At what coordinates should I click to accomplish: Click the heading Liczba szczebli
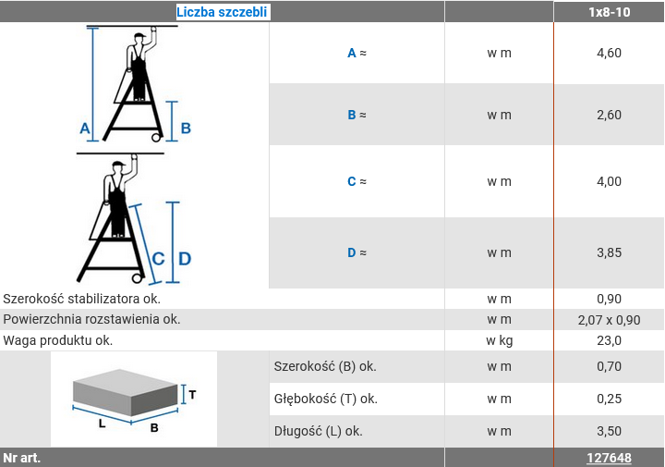click(x=222, y=12)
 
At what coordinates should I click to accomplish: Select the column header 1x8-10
click(x=609, y=12)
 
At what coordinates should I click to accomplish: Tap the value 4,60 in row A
click(x=609, y=53)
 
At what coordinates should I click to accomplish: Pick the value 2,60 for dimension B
click(x=609, y=115)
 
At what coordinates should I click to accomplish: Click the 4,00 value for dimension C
click(x=609, y=181)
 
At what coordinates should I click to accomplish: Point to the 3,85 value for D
click(x=609, y=252)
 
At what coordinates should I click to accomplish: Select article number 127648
click(x=609, y=458)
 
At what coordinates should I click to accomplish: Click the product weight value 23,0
click(x=609, y=340)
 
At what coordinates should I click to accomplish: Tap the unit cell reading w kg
click(x=499, y=340)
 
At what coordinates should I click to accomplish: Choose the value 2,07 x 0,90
click(x=609, y=320)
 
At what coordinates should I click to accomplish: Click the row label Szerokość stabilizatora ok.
click(x=82, y=299)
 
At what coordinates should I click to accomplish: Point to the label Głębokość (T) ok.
click(x=326, y=399)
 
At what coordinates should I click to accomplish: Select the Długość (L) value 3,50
click(x=609, y=431)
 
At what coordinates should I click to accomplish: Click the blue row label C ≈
click(x=357, y=181)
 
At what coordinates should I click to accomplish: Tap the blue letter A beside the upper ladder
click(x=85, y=129)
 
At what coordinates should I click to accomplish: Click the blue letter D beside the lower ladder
click(x=185, y=259)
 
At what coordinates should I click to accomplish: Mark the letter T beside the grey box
click(x=192, y=395)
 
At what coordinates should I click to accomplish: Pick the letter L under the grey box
click(x=102, y=424)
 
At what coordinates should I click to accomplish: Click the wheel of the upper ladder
click(x=156, y=138)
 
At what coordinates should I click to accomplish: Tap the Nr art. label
click(x=21, y=458)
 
